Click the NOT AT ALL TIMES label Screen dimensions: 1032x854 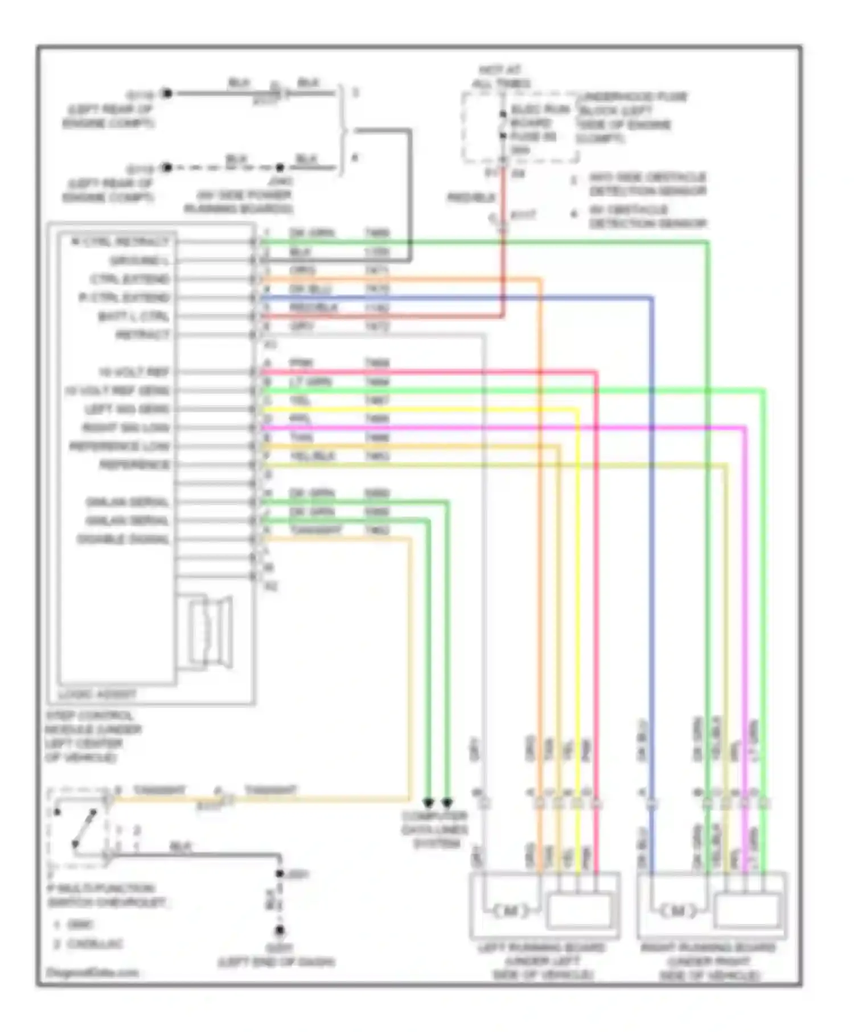[x=501, y=77]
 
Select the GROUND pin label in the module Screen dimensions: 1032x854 [x=139, y=261]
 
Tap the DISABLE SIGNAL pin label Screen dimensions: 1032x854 [x=124, y=539]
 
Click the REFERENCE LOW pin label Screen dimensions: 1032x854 [x=120, y=447]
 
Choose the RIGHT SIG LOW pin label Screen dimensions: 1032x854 [x=126, y=428]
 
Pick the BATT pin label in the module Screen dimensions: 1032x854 [x=133, y=316]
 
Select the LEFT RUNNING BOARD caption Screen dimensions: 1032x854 [x=542, y=961]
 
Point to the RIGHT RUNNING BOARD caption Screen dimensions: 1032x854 [x=709, y=961]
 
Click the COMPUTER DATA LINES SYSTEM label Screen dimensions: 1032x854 [x=435, y=830]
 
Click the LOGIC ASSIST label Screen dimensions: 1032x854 [x=97, y=694]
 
